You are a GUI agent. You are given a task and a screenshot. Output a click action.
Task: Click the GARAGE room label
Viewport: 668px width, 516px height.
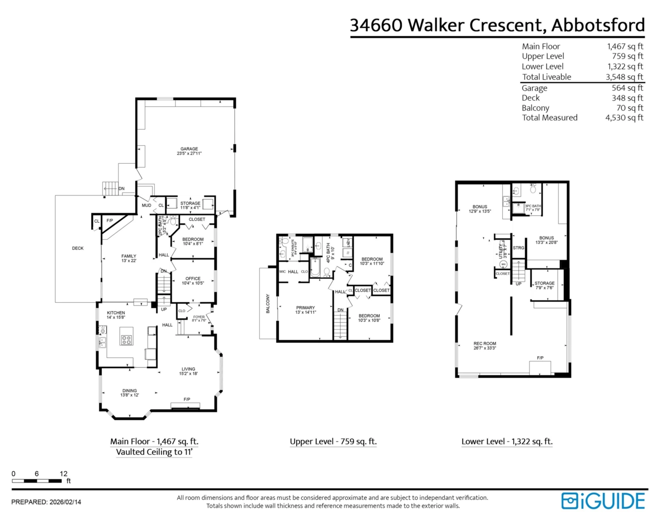pyautogui.click(x=189, y=149)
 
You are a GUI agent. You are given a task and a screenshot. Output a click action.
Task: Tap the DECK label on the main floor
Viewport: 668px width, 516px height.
pyautogui.click(x=78, y=248)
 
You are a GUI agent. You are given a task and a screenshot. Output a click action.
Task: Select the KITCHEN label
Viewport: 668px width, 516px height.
pyautogui.click(x=116, y=313)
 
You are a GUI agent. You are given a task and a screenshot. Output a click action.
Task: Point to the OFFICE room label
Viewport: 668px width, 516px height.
pyautogui.click(x=193, y=278)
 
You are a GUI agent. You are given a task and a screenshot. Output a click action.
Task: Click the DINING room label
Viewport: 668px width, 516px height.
pyautogui.click(x=130, y=391)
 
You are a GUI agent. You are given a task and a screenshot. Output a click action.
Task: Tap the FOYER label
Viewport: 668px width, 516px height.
pyautogui.click(x=199, y=317)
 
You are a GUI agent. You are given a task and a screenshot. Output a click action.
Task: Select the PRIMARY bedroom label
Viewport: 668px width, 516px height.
pyautogui.click(x=305, y=308)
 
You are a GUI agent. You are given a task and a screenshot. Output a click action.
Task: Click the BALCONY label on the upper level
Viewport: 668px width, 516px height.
pyautogui.click(x=269, y=304)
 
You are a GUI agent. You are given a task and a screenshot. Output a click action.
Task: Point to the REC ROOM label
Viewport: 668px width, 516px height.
pyautogui.click(x=484, y=343)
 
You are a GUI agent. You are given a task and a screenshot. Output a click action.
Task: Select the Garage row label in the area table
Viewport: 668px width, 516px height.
pyautogui.click(x=534, y=88)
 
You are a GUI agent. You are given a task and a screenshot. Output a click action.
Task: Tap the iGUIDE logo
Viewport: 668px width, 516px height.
pyautogui.click(x=603, y=500)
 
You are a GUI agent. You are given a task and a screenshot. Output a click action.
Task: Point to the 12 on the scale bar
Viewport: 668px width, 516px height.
pyautogui.click(x=63, y=473)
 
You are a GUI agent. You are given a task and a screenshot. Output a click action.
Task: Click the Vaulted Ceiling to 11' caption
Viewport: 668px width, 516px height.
pyautogui.click(x=154, y=453)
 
